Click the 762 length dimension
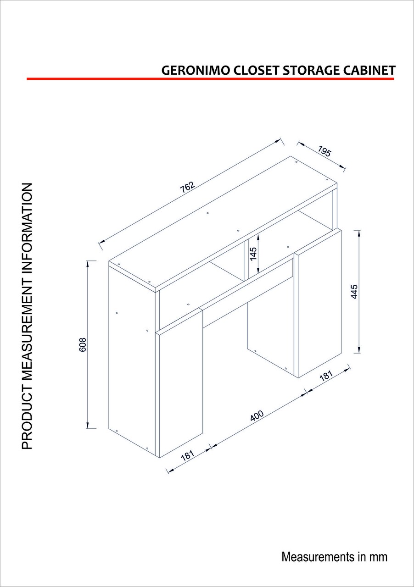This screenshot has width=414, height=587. [x=188, y=187]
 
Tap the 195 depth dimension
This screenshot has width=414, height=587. [x=324, y=151]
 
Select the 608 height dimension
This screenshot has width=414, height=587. [x=83, y=344]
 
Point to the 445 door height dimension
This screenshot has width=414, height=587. [x=354, y=291]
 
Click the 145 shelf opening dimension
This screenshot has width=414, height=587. [x=253, y=254]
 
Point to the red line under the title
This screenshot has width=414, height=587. [x=210, y=78]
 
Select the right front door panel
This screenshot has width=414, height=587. [x=318, y=303]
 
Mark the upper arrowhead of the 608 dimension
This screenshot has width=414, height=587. [x=88, y=263]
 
